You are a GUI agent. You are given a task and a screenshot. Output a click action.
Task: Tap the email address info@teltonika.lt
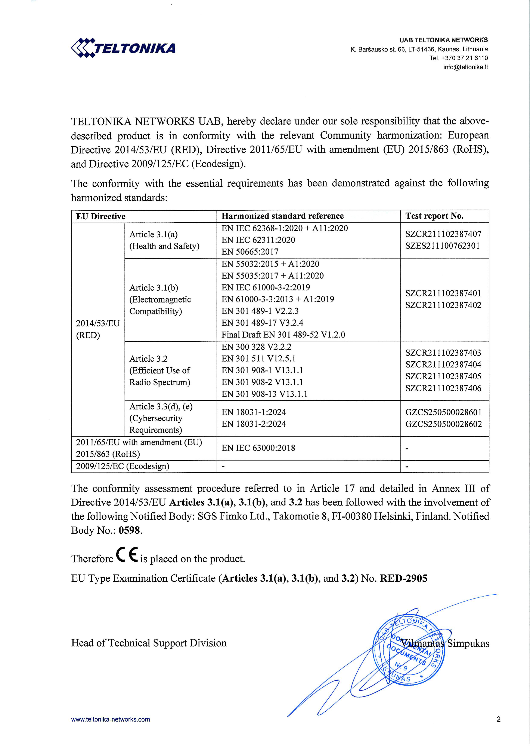coord(465,67)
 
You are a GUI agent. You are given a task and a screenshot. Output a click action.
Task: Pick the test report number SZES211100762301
coord(443,246)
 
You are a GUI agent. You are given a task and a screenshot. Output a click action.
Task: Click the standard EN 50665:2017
coord(250,252)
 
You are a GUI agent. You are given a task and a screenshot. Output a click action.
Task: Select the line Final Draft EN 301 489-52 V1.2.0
coord(283,335)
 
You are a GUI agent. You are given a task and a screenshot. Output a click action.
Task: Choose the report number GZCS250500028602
coord(443,424)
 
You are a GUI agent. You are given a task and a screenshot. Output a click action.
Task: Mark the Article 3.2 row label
coord(149,359)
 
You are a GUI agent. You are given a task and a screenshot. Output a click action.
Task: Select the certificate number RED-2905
coord(403,579)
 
